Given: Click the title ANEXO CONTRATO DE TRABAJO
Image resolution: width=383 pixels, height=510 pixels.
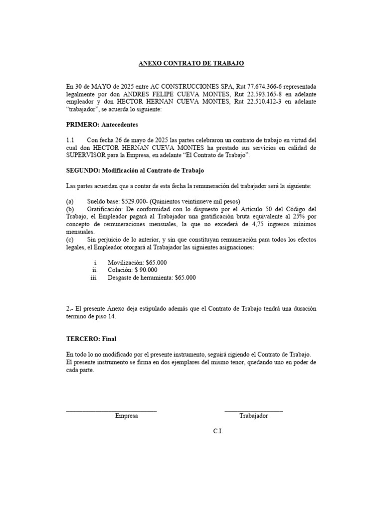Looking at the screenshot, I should pos(191,64).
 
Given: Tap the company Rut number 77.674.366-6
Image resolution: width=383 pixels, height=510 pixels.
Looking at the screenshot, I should pos(268,86).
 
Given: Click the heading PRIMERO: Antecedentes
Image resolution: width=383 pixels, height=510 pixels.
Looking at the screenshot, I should pos(102,125).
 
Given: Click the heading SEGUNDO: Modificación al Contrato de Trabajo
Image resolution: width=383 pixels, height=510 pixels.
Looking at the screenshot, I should pos(135,170).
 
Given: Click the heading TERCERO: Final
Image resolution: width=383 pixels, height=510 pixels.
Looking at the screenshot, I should pos(91,339).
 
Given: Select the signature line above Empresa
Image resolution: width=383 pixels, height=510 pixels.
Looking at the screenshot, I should pos(111,410).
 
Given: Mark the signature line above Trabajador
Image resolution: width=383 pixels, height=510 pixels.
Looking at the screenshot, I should pos(253,410).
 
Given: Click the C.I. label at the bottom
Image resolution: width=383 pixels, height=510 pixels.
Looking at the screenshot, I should pos(218,431).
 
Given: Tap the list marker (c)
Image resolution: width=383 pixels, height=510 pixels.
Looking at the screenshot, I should pos(70,240).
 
